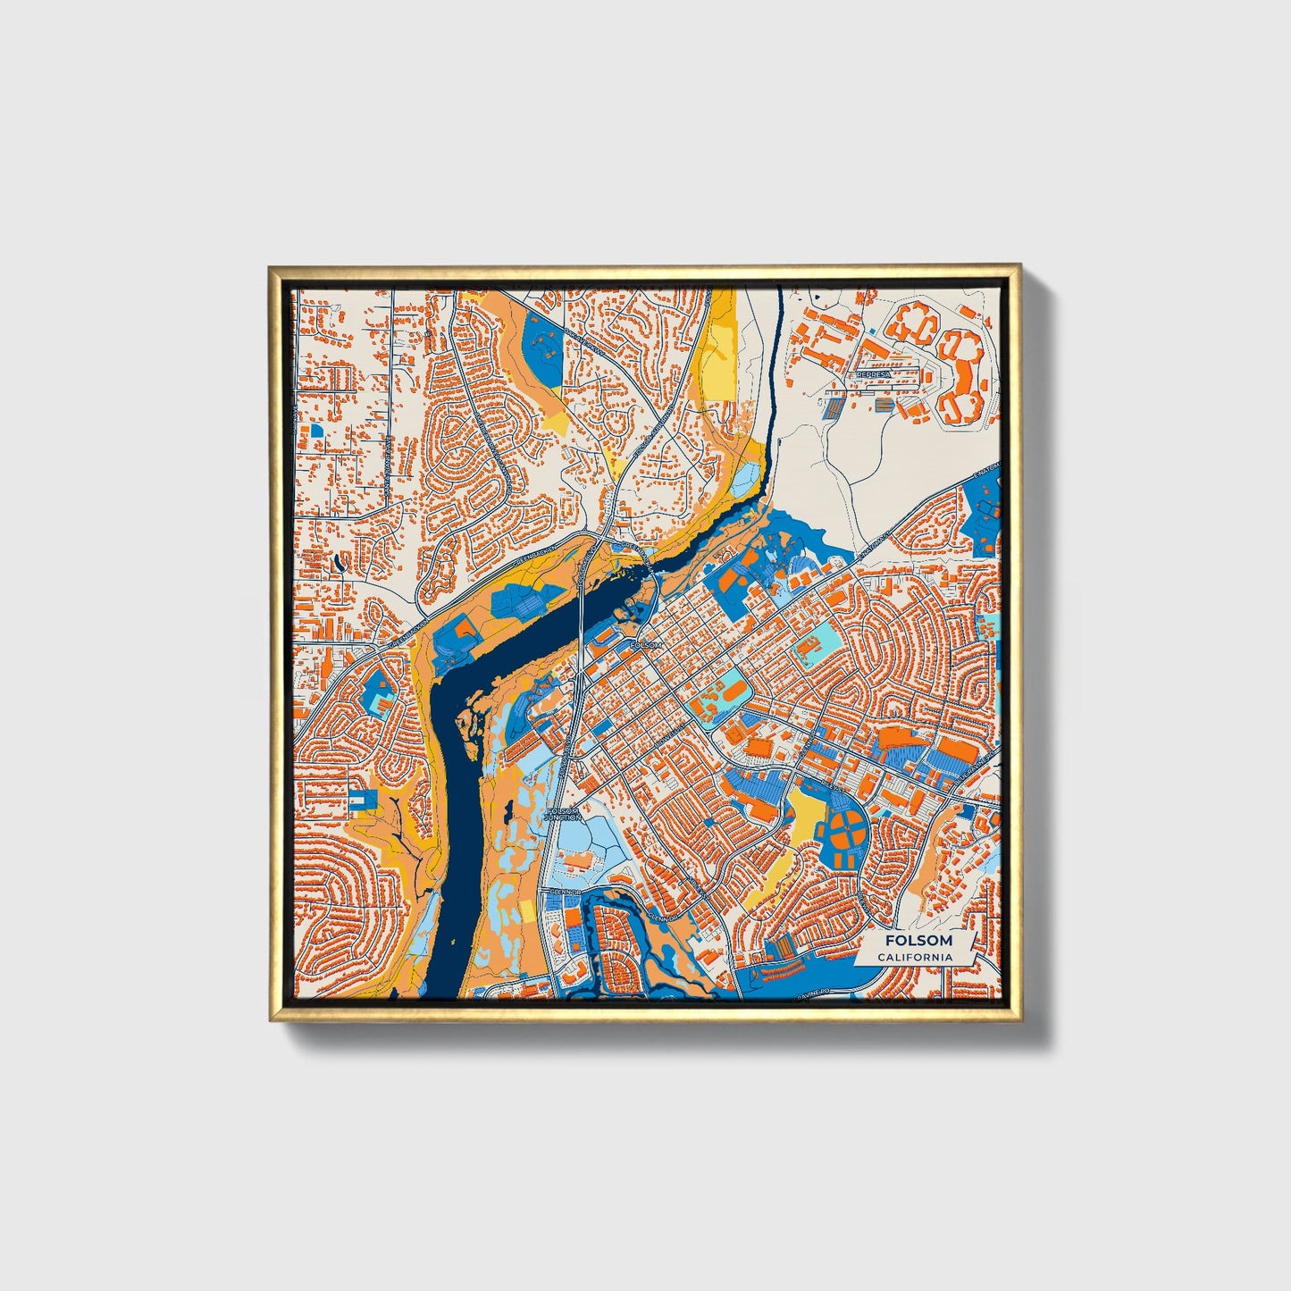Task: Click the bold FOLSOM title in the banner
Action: [918, 941]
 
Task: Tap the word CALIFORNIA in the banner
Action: [914, 957]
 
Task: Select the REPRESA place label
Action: [873, 375]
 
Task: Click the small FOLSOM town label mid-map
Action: [646, 644]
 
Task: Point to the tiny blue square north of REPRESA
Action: [865, 333]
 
